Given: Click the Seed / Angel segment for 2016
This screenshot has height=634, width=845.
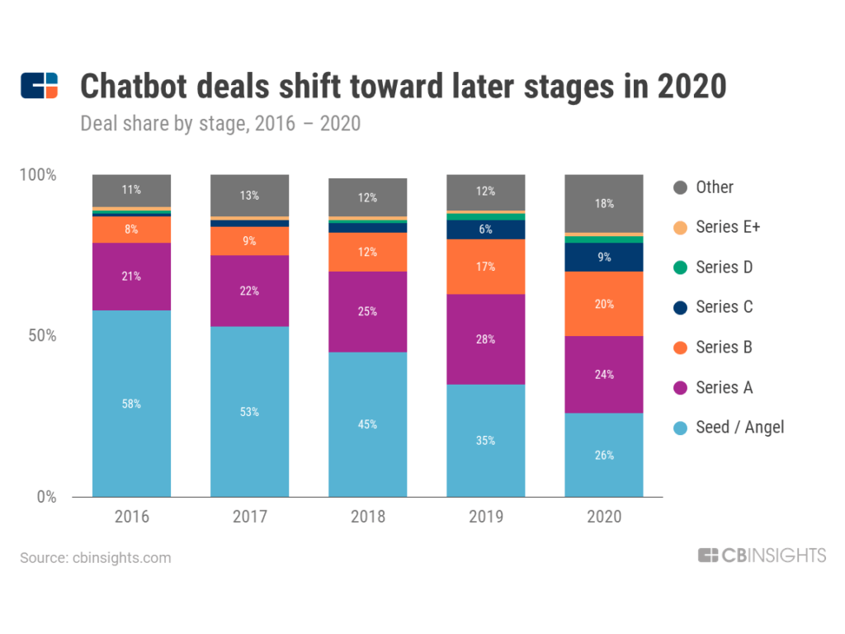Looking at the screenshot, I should (131, 404).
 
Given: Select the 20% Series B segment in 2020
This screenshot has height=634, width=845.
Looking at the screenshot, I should (603, 304).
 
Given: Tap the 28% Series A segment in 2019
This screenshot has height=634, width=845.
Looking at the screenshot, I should (485, 338).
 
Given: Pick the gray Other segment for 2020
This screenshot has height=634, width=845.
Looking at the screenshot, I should (603, 203).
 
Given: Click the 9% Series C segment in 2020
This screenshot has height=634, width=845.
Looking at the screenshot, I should (603, 257).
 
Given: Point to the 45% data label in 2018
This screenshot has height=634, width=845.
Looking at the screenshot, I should (367, 424).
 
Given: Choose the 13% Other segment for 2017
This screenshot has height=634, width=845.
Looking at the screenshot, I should (249, 196).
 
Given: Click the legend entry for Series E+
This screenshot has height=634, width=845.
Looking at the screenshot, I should (717, 227).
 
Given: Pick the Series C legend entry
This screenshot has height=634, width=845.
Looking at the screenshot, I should (715, 307).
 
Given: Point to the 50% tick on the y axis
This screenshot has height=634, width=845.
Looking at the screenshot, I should (40, 336).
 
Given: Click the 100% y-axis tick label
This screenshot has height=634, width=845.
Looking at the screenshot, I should (38, 175).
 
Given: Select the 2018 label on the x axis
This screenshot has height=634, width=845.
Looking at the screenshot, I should (367, 518).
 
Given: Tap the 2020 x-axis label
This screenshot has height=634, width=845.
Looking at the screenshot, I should (603, 518).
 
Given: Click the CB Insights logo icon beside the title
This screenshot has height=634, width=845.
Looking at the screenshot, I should (40, 86).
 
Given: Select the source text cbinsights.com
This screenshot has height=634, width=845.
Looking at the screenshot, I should (96, 558).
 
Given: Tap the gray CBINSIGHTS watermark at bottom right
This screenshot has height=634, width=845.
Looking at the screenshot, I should (761, 556).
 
